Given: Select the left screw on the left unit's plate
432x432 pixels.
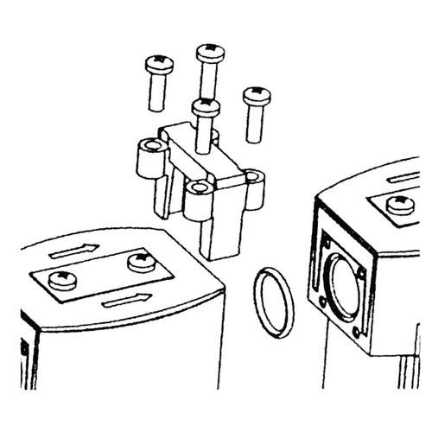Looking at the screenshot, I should [x=61, y=278].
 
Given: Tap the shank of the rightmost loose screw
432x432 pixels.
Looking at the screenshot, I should [x=254, y=121].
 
